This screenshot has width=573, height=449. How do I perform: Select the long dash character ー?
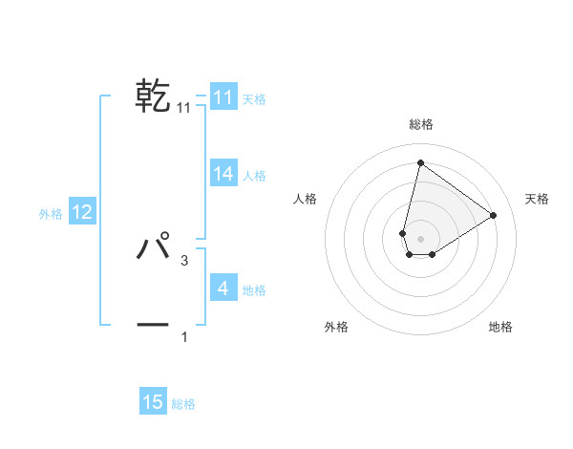pos(153,325)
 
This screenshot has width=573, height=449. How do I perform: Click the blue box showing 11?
pos(223,97)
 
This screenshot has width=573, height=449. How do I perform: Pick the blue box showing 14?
pos(223,174)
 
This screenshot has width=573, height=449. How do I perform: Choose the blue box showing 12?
pos(82,212)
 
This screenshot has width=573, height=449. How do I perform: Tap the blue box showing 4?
pos(223,288)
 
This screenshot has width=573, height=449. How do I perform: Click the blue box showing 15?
pos(153,402)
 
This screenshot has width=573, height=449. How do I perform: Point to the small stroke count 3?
pos(184,260)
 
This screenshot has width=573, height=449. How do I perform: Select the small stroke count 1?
pos(184,336)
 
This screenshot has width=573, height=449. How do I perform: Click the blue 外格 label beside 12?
pos(51,214)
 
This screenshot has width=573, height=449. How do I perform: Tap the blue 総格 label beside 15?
pos(183,404)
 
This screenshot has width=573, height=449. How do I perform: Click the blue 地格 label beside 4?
pos(254,290)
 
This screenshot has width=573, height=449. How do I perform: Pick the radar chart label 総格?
pos(420,124)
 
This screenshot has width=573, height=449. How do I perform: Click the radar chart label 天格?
pos(538,199)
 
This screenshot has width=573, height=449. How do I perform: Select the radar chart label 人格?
pos(305,199)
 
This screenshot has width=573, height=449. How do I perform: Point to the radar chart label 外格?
pos(335,327)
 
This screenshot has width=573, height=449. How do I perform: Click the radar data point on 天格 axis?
pos(493,215)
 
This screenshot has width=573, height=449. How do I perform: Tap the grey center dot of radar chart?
pos(420,238)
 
